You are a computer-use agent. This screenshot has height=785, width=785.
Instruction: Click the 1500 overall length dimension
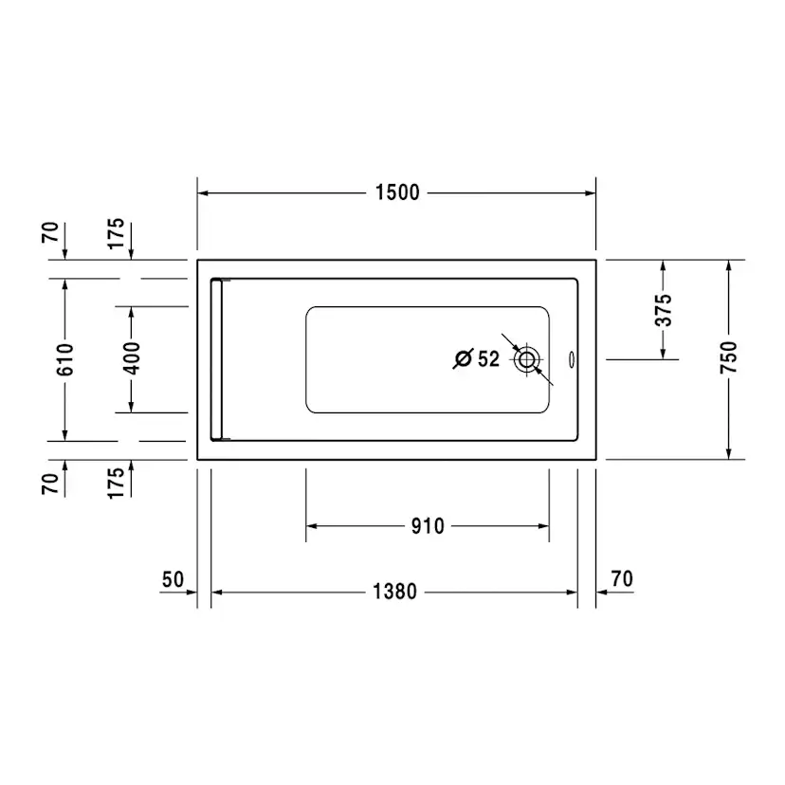coord(397,192)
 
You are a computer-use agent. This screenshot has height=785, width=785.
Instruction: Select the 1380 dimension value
coord(394,592)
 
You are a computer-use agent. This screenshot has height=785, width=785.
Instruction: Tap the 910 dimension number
coord(428,526)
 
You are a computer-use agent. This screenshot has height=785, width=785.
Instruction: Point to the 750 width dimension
coord(729,357)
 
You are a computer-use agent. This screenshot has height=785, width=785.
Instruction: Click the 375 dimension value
coord(664,310)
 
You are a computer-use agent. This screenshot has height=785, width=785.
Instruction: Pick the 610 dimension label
coord(65,359)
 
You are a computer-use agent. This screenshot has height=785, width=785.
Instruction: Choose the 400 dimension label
coord(132,358)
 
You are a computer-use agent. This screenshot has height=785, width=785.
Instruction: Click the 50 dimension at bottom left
coord(173,579)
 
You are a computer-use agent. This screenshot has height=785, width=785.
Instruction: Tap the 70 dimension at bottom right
coord(622,578)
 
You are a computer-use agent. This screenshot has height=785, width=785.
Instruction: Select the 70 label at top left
coord(50,233)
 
